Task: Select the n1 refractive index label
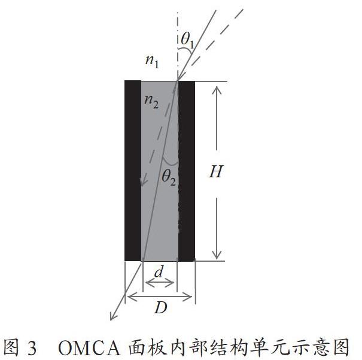152,62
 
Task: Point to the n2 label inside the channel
151,102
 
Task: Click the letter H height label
215,172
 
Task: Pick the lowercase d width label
159,271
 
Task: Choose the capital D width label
161,308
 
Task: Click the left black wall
133,171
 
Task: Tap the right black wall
187,171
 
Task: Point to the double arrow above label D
160,297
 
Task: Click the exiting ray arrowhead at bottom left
112,317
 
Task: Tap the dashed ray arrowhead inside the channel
143,182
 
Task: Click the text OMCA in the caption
90,348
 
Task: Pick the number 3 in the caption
32,349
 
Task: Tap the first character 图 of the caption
11,348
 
